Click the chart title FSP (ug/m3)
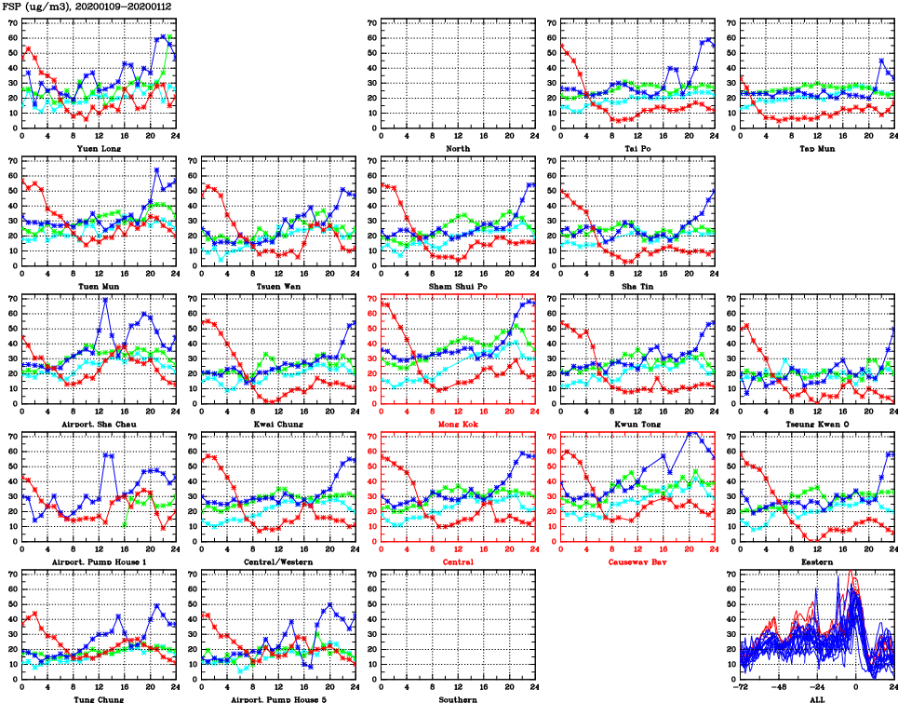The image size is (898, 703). coord(36,6)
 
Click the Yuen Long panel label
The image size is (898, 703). coord(98,148)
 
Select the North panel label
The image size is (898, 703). coord(457,148)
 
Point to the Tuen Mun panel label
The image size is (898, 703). coord(98,286)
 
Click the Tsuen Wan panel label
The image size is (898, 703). coord(277,286)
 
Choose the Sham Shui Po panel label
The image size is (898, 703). coord(457,286)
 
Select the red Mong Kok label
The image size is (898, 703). coord(457,425)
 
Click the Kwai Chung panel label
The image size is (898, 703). coord(277,425)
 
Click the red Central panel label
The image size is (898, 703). coord(457,562)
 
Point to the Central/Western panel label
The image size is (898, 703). coord(277,562)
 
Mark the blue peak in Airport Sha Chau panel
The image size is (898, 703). coord(105,299)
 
